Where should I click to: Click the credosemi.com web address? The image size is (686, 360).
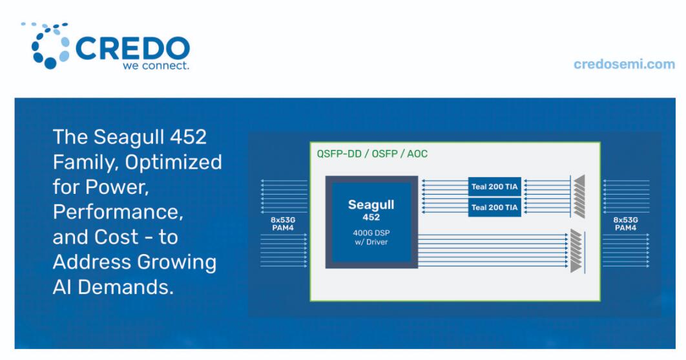click(x=625, y=65)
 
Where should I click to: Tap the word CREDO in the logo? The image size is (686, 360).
click(x=133, y=48)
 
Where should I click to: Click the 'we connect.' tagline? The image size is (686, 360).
click(x=156, y=66)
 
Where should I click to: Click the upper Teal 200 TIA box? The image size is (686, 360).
click(x=494, y=187)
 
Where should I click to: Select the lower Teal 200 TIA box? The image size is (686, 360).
click(x=494, y=207)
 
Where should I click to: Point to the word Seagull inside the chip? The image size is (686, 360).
click(x=371, y=205)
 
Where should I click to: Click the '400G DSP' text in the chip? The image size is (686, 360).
click(x=371, y=233)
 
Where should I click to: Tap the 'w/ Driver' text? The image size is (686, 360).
click(x=371, y=242)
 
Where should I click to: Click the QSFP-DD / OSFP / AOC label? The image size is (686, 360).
click(x=372, y=154)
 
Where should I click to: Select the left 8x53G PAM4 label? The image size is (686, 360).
click(x=283, y=224)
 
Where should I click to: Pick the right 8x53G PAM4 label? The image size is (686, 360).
click(x=625, y=224)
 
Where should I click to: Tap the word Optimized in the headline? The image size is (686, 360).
click(x=173, y=163)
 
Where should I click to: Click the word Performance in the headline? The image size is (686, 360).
click(x=118, y=212)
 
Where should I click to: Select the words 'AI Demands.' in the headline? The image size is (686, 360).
click(x=113, y=288)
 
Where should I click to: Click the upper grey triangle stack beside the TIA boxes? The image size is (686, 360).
click(x=579, y=196)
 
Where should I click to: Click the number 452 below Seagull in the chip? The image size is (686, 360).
click(x=371, y=217)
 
